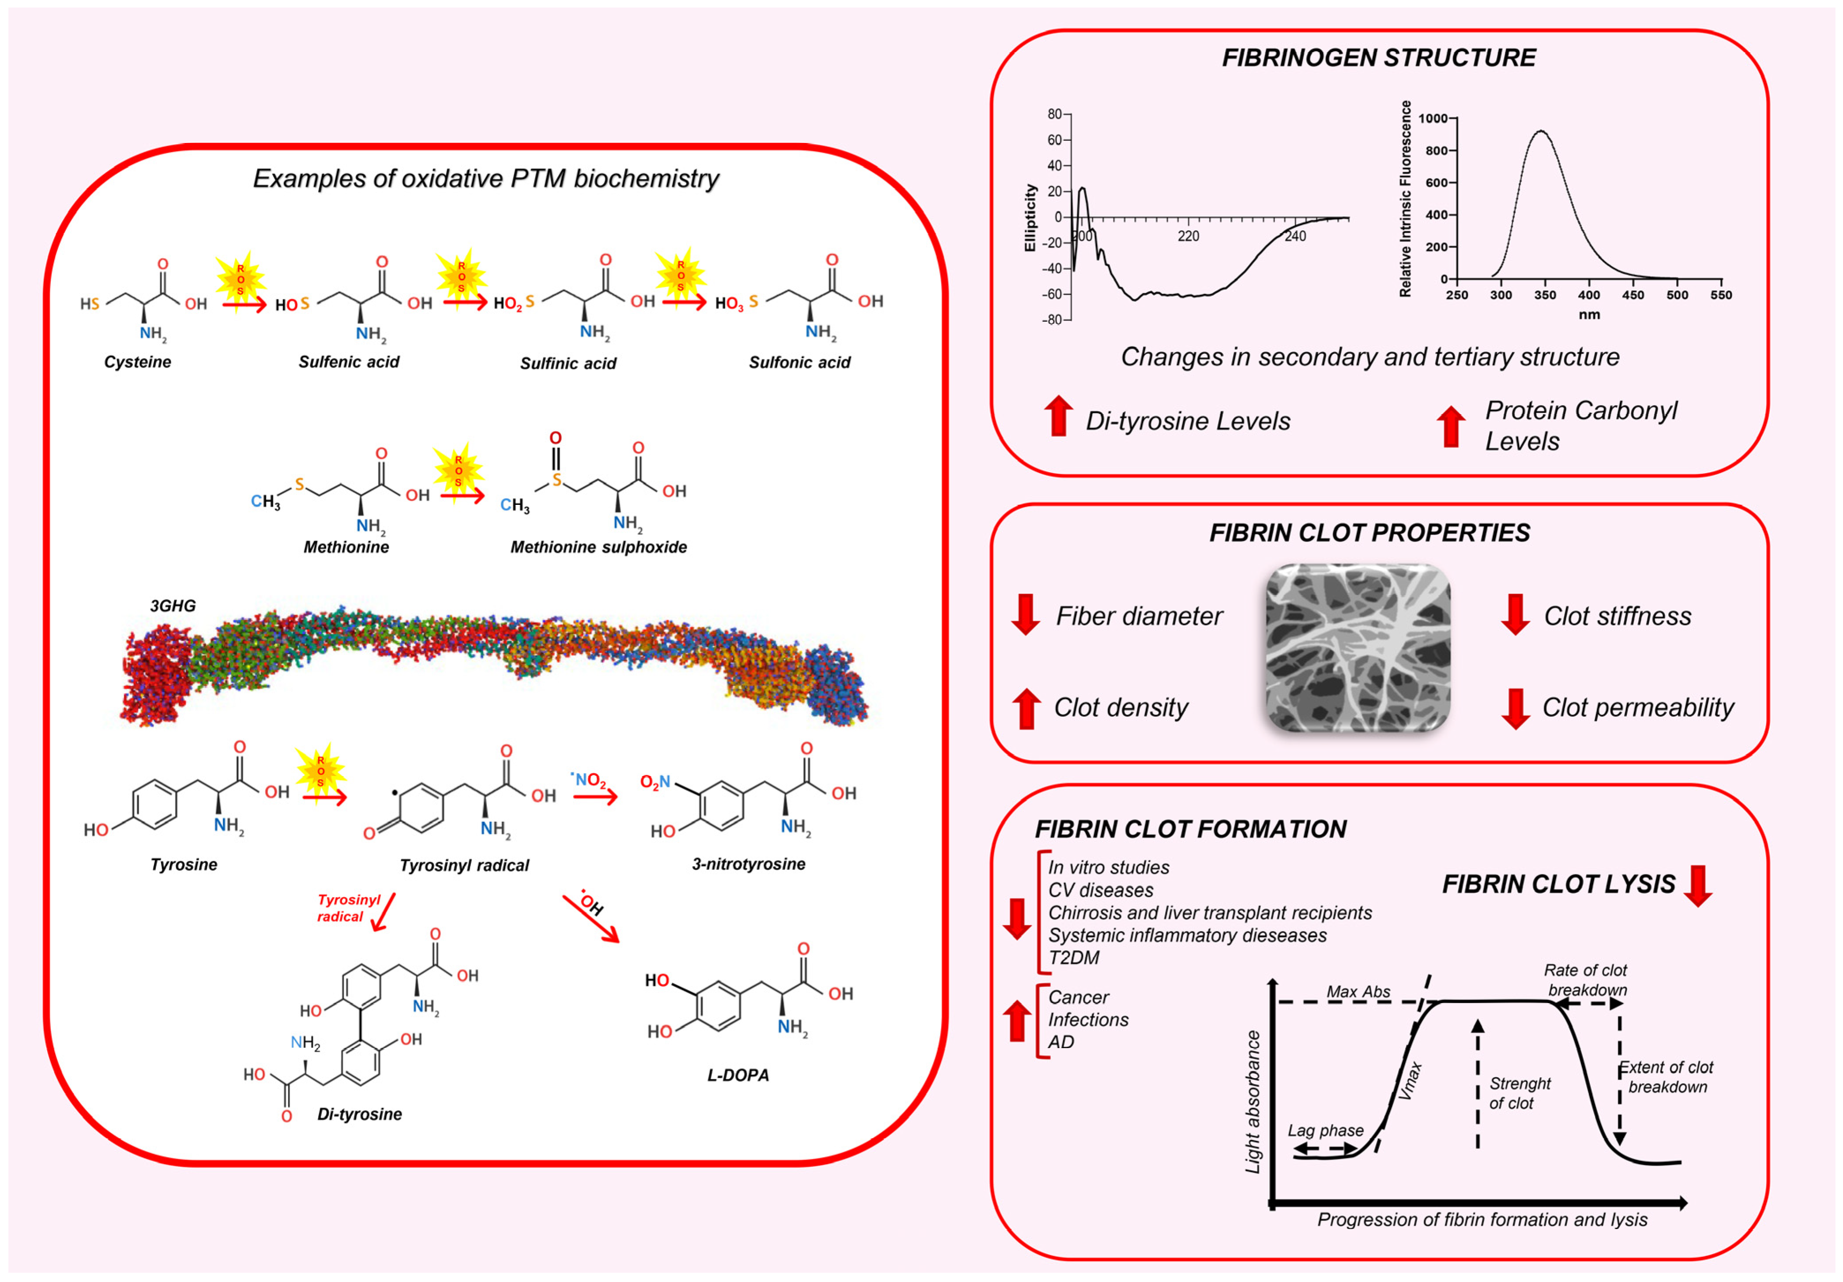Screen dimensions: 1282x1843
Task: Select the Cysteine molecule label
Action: pyautogui.click(x=137, y=362)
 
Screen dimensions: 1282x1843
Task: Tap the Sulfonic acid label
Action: pyautogui.click(x=800, y=363)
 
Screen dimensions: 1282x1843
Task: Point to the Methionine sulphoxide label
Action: pyautogui.click(x=599, y=548)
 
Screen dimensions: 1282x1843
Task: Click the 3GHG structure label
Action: pyautogui.click(x=173, y=606)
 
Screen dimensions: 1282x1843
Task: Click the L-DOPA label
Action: pyautogui.click(x=737, y=1075)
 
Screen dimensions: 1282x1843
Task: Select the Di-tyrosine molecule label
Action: pyautogui.click(x=360, y=1114)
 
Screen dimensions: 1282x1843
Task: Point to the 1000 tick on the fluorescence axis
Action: pyautogui.click(x=1433, y=119)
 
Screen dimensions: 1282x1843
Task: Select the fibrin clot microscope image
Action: pyautogui.click(x=1358, y=648)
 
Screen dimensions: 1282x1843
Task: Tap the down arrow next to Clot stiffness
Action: pyautogui.click(x=1515, y=614)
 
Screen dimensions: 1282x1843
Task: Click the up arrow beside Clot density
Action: pyautogui.click(x=1026, y=708)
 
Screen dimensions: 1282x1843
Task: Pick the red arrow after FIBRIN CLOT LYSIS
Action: pyautogui.click(x=1698, y=885)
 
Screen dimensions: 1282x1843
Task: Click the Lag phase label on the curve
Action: pyautogui.click(x=1325, y=1130)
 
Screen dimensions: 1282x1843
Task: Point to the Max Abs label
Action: pyautogui.click(x=1358, y=992)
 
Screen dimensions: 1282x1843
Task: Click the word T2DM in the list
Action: pyautogui.click(x=1073, y=958)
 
